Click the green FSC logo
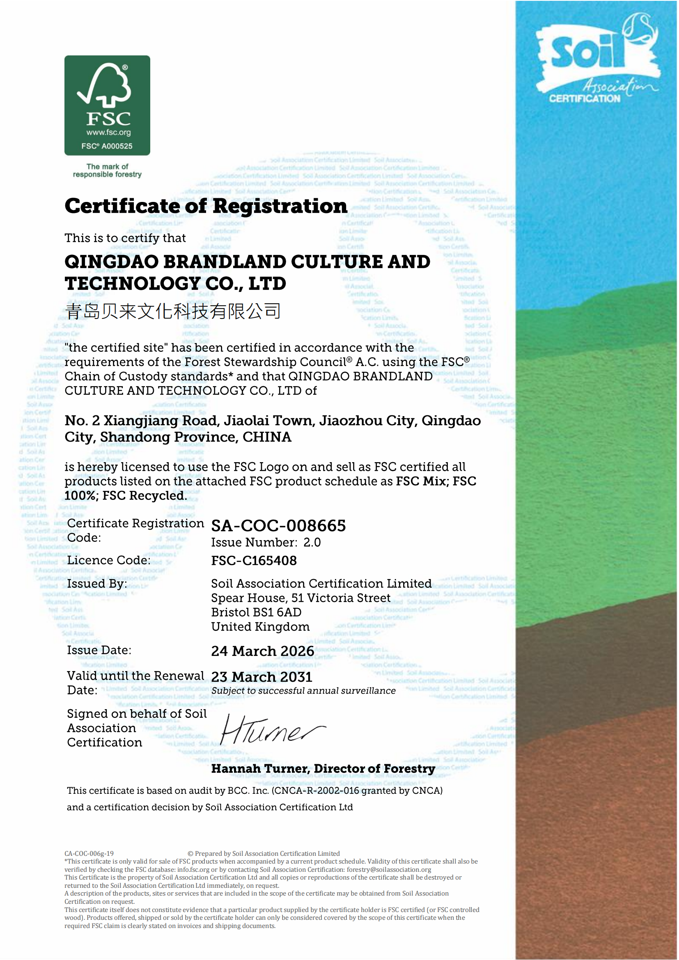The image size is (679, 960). tap(107, 105)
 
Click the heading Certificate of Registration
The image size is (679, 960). tap(206, 206)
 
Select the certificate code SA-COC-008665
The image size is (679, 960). tap(278, 526)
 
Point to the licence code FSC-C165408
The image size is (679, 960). tap(254, 560)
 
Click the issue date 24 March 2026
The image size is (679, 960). tap(263, 651)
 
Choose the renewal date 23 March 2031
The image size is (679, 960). tap(262, 677)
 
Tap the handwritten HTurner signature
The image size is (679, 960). tap(272, 730)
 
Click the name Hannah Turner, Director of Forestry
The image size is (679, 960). tap(323, 768)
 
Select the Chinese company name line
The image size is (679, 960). tap(173, 311)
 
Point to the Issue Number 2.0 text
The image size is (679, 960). tap(266, 542)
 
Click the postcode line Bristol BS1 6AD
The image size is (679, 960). tap(256, 612)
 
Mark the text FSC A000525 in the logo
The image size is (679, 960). tap(107, 146)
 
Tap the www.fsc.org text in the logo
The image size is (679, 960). tap(109, 133)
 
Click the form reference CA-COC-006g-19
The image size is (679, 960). tap(89, 853)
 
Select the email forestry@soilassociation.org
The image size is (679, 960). tap(389, 869)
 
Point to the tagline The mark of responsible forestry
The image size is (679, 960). tap(107, 170)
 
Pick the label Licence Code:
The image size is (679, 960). tap(109, 560)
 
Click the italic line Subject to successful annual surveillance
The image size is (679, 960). tap(303, 691)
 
